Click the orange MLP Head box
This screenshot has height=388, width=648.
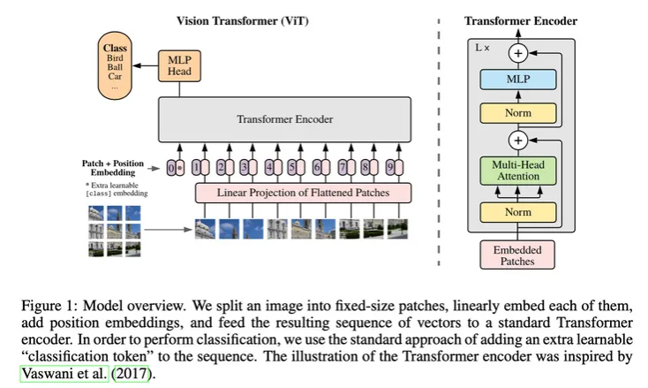click(179, 66)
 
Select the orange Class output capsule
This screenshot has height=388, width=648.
click(115, 65)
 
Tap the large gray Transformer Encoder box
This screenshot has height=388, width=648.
click(285, 119)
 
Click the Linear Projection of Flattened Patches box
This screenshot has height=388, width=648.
click(303, 193)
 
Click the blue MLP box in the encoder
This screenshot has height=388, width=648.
click(518, 79)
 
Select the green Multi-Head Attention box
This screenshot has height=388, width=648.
click(518, 171)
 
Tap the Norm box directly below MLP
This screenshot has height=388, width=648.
click(518, 113)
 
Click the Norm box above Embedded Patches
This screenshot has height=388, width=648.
click(518, 212)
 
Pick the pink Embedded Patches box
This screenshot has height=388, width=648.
click(517, 255)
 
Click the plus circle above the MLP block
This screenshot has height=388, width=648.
click(518, 53)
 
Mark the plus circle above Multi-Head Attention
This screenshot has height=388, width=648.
click(518, 141)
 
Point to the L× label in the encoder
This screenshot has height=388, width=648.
click(482, 48)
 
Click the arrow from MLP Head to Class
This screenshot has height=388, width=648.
click(145, 65)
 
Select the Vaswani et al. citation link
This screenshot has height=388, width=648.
click(64, 374)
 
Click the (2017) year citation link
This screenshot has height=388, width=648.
click(132, 374)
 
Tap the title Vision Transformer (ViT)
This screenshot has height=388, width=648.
click(243, 21)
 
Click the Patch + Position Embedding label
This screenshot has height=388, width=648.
click(113, 168)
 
